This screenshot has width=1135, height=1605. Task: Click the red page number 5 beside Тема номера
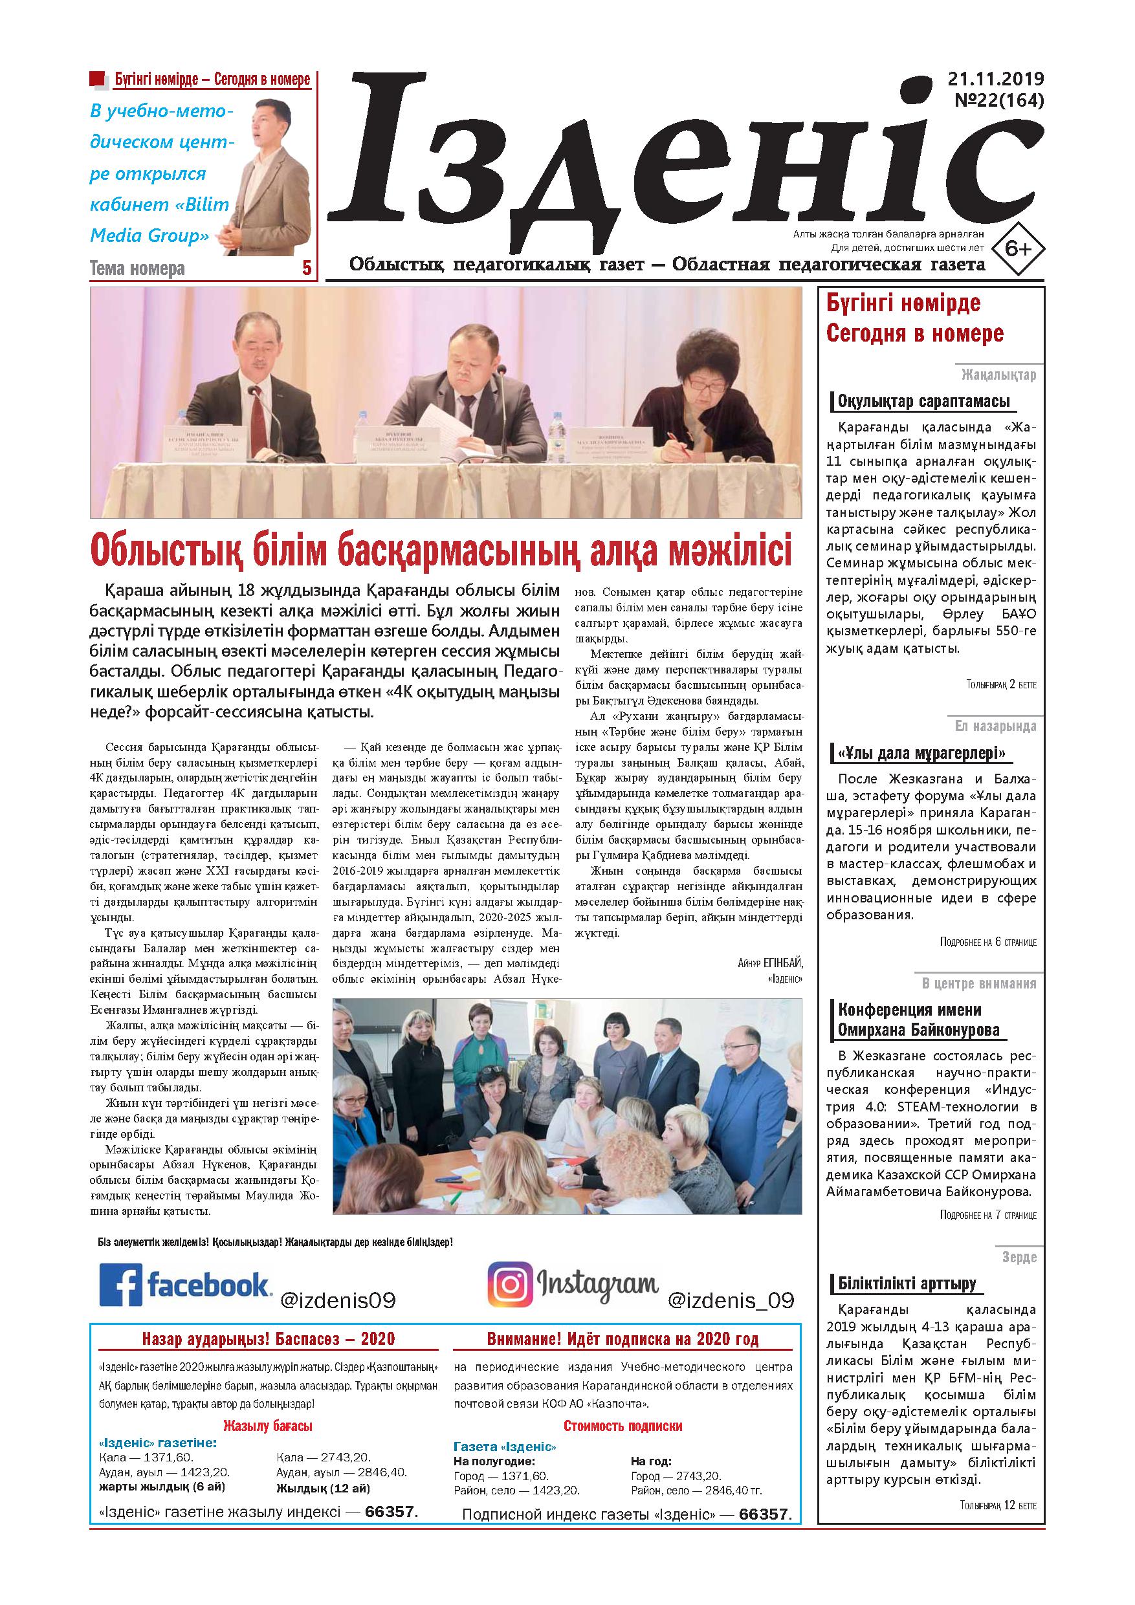pyautogui.click(x=305, y=268)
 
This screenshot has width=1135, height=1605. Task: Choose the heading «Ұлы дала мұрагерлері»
pyautogui.click(x=925, y=754)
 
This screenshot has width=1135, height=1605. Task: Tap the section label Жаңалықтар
pyautogui.click(x=998, y=375)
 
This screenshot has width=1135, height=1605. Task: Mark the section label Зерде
pyautogui.click(x=1019, y=1257)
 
